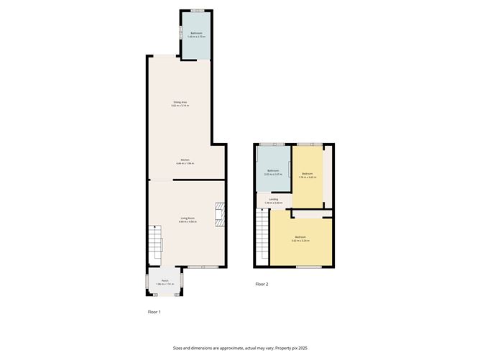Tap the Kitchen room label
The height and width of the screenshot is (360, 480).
point(185,160)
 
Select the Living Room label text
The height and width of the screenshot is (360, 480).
point(187,218)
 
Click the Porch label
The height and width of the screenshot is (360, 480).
point(165,281)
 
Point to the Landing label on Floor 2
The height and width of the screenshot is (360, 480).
point(274,199)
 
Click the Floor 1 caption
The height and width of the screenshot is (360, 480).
point(154,312)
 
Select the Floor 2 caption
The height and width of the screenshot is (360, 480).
point(262,285)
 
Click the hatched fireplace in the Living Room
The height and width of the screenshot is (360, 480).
point(219,214)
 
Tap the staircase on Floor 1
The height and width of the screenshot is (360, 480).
point(156,243)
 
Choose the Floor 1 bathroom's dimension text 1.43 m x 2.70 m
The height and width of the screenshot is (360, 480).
point(195,37)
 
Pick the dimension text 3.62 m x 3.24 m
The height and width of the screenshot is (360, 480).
point(300,241)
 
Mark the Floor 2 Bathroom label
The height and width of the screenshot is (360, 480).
point(273,170)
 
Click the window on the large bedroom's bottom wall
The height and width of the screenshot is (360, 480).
point(308,266)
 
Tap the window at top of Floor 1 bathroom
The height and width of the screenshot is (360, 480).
point(196,10)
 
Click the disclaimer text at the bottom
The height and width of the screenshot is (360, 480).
point(240,347)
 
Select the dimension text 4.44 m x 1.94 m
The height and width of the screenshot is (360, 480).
point(185,164)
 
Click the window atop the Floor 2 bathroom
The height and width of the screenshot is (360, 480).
point(272,145)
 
